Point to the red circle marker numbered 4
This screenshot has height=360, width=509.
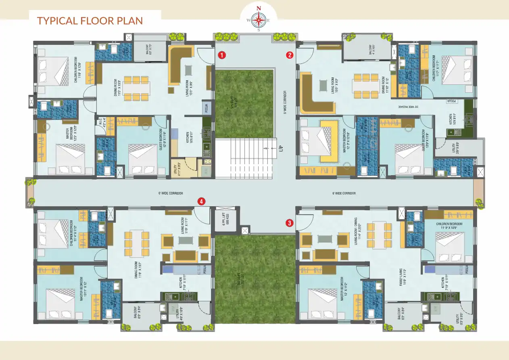pyautogui.click(x=201, y=201)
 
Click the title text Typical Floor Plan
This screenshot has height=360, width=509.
pyautogui.click(x=90, y=20)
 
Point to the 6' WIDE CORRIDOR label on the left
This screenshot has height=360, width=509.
pyautogui.click(x=171, y=193)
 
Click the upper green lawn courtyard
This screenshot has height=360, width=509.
pyautogui.click(x=244, y=103)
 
